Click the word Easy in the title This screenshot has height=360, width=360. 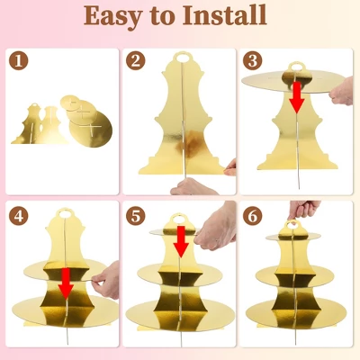(x=112, y=16)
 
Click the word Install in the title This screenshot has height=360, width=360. (x=225, y=14)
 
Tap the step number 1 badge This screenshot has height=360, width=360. (x=19, y=60)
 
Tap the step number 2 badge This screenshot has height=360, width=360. (x=136, y=60)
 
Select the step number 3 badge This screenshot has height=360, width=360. (x=253, y=60)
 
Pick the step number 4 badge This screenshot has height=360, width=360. (x=19, y=216)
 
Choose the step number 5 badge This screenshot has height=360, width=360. (x=136, y=216)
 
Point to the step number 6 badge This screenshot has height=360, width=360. (x=253, y=216)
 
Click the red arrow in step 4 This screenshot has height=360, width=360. (x=66, y=283)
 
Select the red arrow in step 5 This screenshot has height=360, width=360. (x=181, y=242)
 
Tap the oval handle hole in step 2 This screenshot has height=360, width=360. (x=184, y=58)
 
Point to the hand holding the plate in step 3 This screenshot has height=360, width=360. (x=341, y=91)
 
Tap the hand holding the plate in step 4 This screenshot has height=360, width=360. (x=106, y=280)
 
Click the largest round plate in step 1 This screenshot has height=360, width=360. (x=91, y=130)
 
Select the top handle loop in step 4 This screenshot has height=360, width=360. (x=64, y=213)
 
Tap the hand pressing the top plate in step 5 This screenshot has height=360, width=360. (x=215, y=229)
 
